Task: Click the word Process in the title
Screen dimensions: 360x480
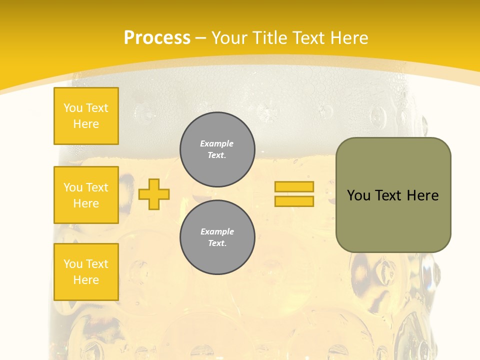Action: tap(157, 38)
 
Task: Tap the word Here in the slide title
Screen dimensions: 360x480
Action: tap(350, 38)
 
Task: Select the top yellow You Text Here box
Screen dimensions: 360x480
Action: tap(86, 116)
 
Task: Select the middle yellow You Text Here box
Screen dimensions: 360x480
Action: tap(86, 195)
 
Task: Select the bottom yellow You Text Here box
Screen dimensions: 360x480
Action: tap(86, 272)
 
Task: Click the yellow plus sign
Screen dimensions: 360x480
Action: tap(154, 194)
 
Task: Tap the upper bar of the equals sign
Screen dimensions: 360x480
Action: tap(294, 186)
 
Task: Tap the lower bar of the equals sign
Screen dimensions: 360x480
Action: tap(294, 201)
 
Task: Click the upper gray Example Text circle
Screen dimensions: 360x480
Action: tap(217, 149)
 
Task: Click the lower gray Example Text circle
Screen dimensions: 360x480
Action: tap(217, 237)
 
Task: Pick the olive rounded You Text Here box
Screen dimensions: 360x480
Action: tap(393, 195)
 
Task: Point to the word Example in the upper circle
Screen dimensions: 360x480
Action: tap(217, 143)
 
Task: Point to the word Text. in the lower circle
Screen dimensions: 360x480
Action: tap(217, 243)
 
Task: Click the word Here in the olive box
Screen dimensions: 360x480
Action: tap(422, 195)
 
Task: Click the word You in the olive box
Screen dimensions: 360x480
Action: tap(358, 195)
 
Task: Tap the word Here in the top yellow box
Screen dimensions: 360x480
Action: tap(86, 124)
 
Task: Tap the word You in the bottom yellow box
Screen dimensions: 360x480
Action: tap(73, 264)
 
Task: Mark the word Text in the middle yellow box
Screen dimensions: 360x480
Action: tap(97, 187)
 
